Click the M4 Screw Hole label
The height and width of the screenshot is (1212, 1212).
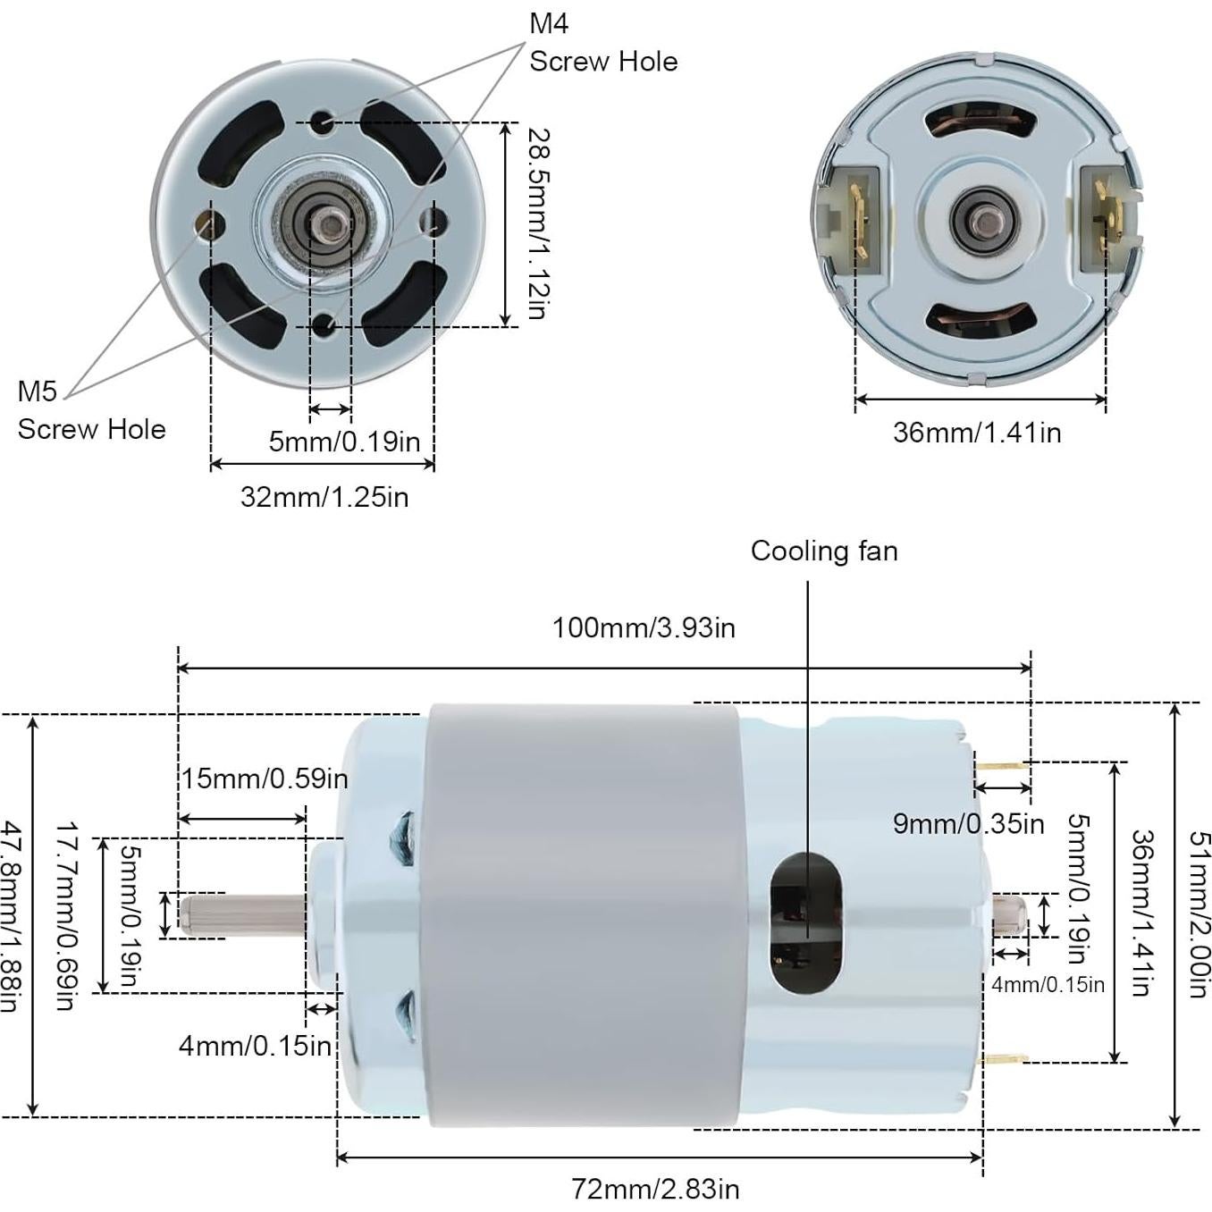(602, 43)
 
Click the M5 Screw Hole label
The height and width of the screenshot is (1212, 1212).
(91, 410)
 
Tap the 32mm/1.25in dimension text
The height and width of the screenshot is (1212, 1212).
(324, 496)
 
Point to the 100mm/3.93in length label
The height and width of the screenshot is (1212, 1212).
(644, 627)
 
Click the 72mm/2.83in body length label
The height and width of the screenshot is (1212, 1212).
(655, 1189)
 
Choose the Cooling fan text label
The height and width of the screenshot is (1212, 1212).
(823, 551)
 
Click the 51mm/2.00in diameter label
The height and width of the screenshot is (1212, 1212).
(1198, 913)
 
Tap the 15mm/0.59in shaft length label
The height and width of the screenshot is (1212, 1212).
(265, 779)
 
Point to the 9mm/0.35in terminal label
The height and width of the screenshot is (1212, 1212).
(968, 823)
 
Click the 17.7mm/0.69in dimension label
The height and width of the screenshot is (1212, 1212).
(64, 915)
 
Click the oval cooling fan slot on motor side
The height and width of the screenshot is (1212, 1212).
(806, 922)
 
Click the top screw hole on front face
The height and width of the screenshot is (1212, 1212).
(323, 122)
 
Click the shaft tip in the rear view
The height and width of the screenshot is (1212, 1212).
(980, 218)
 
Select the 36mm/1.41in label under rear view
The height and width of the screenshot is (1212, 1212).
(977, 433)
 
